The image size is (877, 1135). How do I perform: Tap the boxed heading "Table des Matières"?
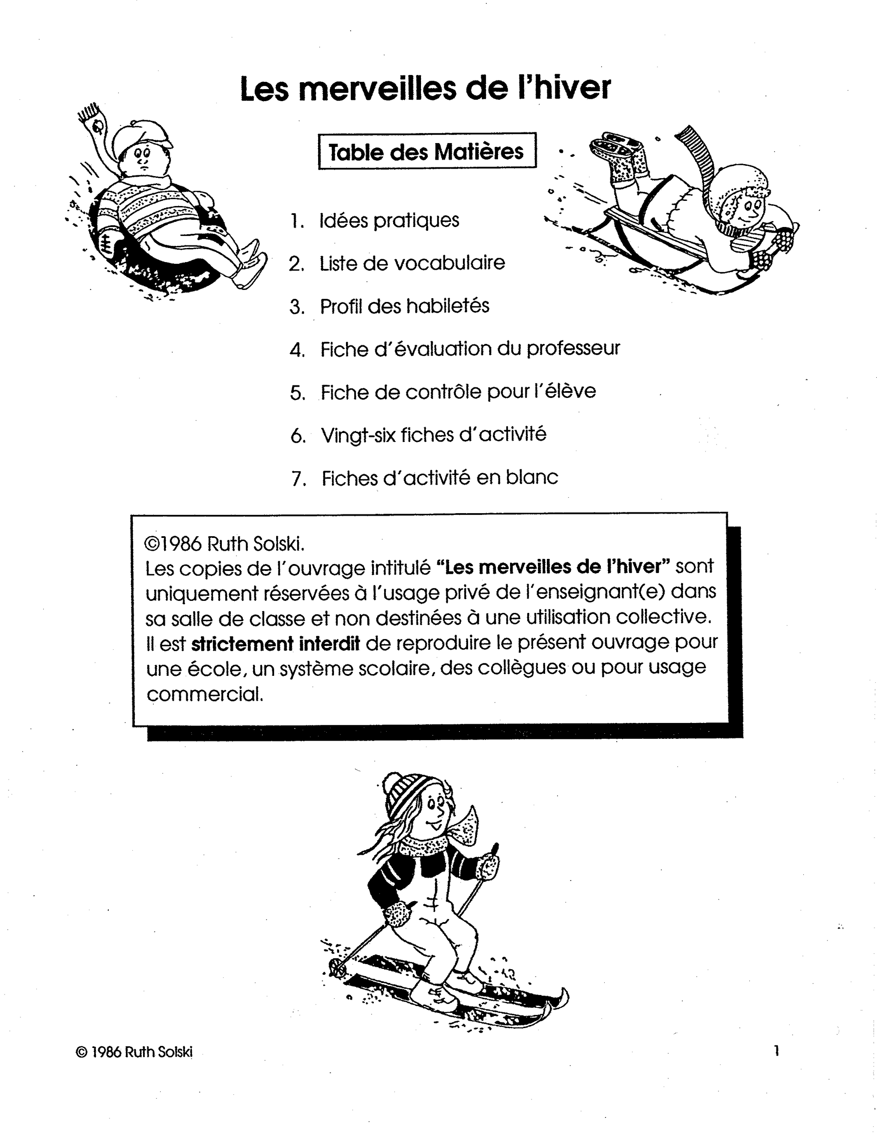tap(427, 152)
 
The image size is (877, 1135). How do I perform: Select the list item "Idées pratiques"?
tap(389, 220)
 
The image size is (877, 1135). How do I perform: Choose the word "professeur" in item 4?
tap(573, 349)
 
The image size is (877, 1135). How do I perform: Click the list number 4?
tap(297, 350)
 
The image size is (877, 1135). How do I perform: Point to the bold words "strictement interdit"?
tap(275, 644)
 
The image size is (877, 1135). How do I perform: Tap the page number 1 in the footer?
tap(777, 1051)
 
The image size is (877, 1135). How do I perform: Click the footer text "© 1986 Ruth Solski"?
tap(134, 1052)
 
